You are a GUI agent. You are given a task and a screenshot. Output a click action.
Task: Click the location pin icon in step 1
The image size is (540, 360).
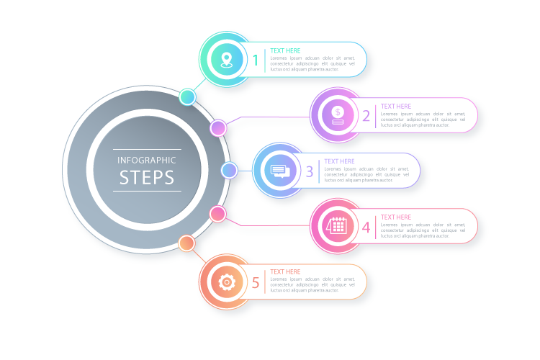coord(227,60)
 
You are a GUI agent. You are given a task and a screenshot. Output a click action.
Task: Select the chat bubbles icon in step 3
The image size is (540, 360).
coord(279,171)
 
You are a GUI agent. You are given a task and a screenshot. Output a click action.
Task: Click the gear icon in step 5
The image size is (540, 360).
coord(227,282)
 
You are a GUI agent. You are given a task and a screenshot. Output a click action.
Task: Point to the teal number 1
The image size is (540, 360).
coord(255,60)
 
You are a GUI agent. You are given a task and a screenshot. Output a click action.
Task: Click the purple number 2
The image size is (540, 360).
coord(366,116)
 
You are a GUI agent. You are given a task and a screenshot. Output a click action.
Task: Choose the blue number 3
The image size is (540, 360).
coord(310,171)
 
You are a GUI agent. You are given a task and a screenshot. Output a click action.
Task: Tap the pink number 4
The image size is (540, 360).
coord(366,228)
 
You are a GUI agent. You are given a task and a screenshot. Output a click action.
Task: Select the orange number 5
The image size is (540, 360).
coord(255,283)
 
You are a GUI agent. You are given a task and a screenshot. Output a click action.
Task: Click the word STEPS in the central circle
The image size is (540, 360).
coord(147,178)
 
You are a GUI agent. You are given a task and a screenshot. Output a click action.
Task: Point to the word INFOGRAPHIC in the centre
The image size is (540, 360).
coord(147,160)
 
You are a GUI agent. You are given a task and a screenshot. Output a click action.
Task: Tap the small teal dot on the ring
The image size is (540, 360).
coord(188,96)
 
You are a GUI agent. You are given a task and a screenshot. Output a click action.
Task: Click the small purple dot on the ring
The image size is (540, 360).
coord(218,128)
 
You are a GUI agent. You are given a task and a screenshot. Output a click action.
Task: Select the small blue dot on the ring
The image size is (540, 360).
coord(229,170)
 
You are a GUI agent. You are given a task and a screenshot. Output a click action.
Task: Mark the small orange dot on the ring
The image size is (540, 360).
coord(186,243)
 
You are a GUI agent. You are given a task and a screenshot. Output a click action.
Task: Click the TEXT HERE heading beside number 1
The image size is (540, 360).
coord(286,51)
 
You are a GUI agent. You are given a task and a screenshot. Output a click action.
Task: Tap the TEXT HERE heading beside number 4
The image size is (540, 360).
coord(396,217)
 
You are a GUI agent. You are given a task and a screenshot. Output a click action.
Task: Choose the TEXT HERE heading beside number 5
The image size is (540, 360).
coord(286,272)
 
